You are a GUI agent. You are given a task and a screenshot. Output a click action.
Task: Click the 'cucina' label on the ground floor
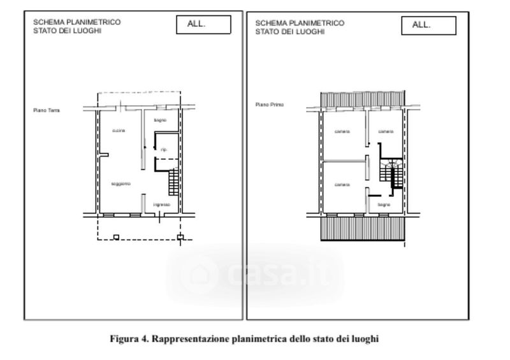coord(119,131)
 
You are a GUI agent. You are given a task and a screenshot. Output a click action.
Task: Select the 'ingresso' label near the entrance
coord(161,205)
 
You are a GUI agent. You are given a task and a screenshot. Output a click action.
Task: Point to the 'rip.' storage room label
coord(163,150)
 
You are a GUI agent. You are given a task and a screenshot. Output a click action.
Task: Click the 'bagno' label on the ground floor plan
coord(160,119)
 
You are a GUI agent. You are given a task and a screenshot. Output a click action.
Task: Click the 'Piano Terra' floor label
coord(47,110)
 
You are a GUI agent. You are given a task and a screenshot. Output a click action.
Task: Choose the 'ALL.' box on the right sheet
coord(428,25)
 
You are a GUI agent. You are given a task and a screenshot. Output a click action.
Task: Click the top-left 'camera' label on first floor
coord(342,131)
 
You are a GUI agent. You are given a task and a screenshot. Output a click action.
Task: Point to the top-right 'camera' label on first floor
coord(386,131)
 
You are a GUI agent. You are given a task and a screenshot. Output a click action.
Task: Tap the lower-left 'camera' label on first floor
coord(342,185)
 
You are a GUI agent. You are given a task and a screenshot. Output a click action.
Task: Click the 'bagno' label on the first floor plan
coord(383,205)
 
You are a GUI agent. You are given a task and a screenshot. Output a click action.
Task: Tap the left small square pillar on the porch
coord(116,238)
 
